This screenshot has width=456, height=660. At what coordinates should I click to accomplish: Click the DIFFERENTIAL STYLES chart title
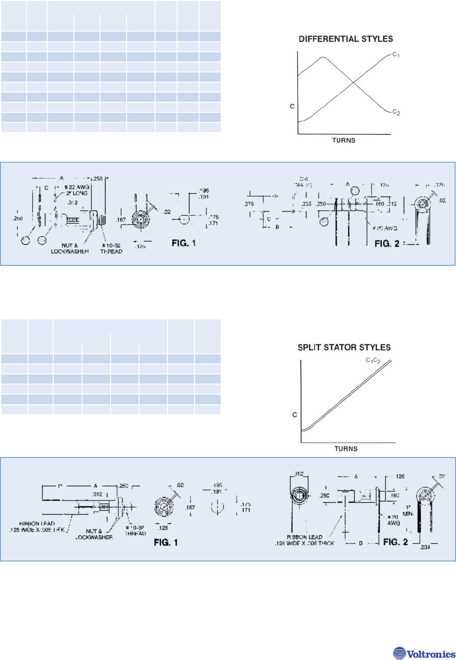(346, 39)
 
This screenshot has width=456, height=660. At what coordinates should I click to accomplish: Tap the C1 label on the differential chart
(396, 55)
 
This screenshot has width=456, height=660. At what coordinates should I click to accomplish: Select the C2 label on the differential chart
(396, 112)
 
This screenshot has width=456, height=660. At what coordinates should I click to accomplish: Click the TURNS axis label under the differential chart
(344, 140)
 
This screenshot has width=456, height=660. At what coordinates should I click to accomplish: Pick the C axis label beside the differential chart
(292, 106)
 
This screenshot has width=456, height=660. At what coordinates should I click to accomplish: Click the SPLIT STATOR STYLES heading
(344, 347)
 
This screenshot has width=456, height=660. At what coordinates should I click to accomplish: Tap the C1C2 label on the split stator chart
(373, 360)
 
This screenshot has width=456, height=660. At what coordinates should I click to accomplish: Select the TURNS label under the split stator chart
(346, 449)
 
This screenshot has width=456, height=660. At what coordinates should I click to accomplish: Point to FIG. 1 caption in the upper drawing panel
(184, 243)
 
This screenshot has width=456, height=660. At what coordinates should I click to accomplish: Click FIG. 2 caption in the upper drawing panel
(387, 243)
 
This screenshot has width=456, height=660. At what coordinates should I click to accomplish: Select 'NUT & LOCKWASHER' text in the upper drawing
(70, 248)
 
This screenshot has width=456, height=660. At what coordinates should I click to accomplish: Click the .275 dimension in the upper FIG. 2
(249, 203)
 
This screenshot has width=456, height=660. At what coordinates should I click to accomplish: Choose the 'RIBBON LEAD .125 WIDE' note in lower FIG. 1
(37, 527)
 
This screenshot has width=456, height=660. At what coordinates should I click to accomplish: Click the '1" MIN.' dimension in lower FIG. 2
(408, 511)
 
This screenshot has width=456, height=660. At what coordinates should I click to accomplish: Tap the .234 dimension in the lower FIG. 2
(425, 547)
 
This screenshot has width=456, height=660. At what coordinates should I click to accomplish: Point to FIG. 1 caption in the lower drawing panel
(166, 542)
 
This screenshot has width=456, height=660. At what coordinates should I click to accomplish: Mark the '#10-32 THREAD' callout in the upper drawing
(111, 248)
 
